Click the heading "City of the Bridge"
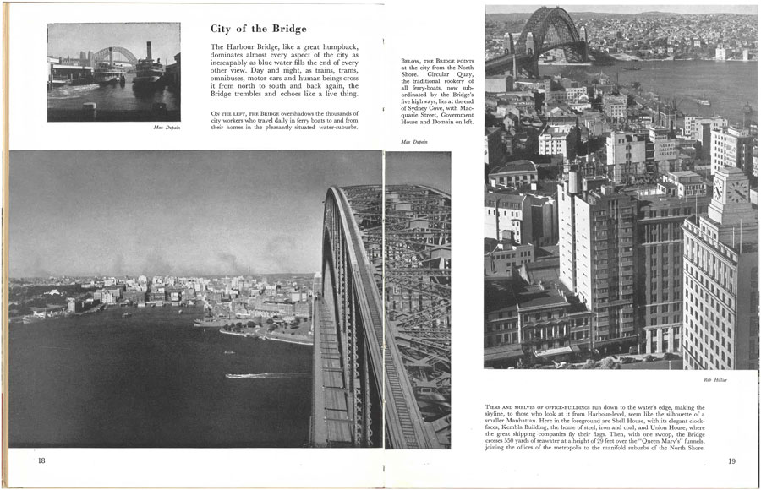tap(258, 29)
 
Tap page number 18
tap(41, 460)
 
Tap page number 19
tap(731, 460)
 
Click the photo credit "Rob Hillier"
tap(715, 379)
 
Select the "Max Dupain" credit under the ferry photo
tap(166, 128)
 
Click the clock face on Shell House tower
tap(736, 191)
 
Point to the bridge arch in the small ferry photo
tap(114, 54)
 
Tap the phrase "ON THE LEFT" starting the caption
tap(228, 112)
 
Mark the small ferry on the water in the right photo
tap(703, 102)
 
